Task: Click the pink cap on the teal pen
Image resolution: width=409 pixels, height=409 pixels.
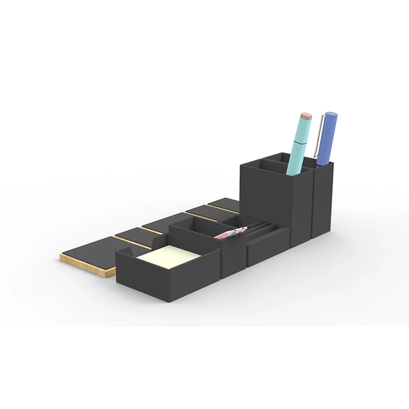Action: (306, 116)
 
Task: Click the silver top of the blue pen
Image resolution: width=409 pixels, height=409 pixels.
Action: (331, 114)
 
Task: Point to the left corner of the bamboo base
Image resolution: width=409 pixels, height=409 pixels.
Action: (61, 256)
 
